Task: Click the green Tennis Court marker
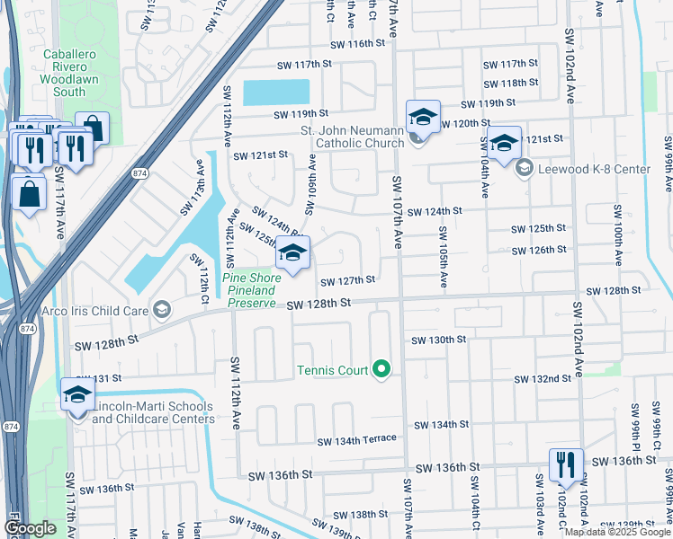point(381,369)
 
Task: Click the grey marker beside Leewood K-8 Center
point(525,168)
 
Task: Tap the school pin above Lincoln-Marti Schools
point(77,394)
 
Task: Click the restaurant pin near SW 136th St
point(566,464)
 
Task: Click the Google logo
point(30,528)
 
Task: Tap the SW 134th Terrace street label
point(356,439)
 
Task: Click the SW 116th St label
point(357,44)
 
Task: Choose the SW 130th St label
point(439,340)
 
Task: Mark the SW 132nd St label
point(543,379)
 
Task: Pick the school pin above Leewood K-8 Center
point(504,142)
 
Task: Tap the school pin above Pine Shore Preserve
point(292,253)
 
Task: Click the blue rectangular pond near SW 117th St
point(275,92)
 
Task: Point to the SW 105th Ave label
point(444,258)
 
